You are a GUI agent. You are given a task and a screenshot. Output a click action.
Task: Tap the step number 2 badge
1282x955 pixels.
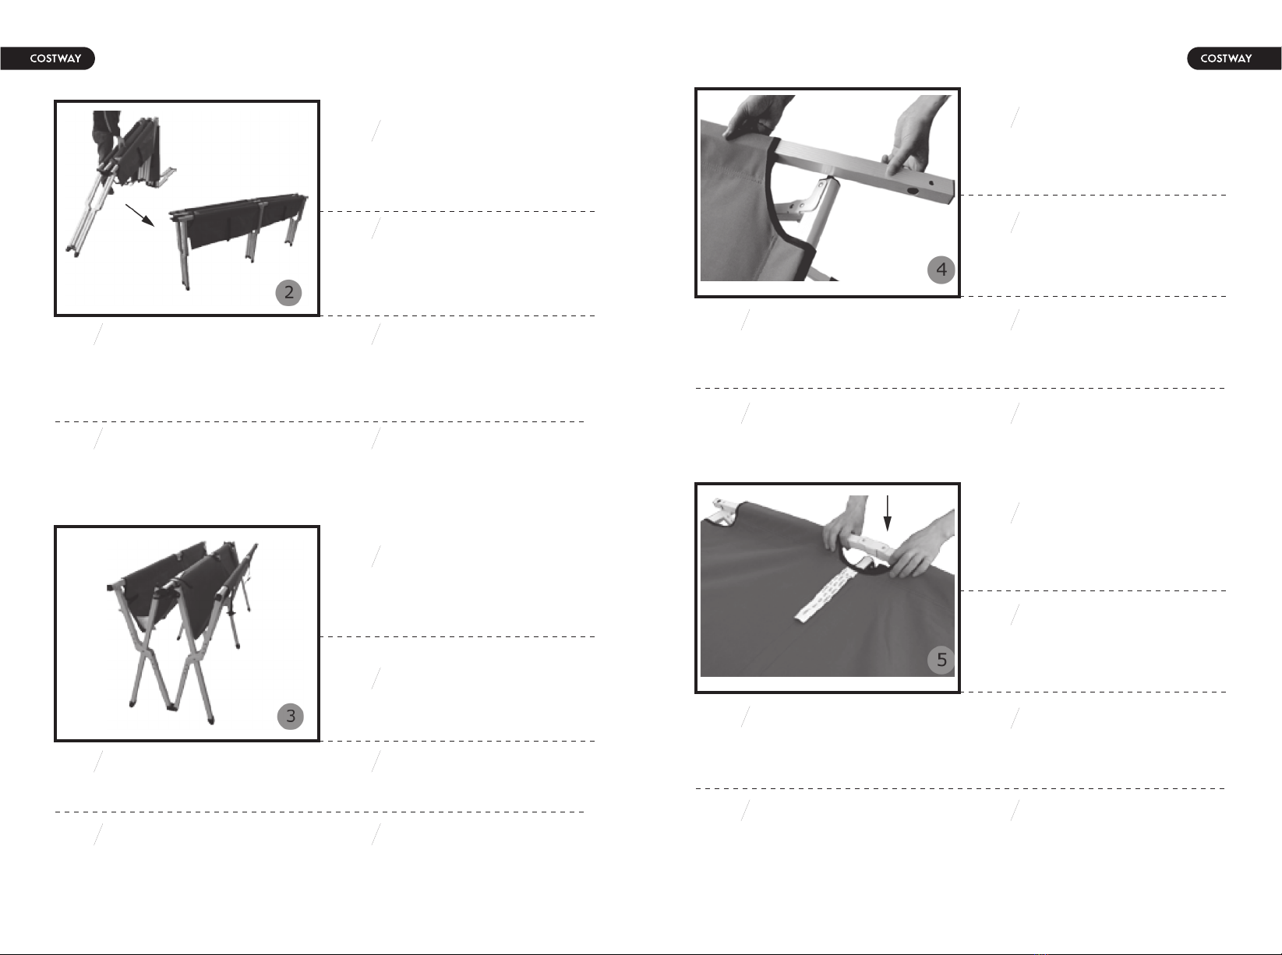pos(288,292)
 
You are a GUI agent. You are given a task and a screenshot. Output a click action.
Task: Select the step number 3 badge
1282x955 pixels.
pos(290,717)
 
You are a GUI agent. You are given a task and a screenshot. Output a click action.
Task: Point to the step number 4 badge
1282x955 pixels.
pos(941,270)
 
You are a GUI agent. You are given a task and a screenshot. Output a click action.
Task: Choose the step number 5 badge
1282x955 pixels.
pos(941,661)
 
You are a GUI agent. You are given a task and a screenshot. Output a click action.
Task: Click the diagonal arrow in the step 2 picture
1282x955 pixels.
pos(140,215)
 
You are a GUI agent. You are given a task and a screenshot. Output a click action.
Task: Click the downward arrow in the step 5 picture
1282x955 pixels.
pos(888,513)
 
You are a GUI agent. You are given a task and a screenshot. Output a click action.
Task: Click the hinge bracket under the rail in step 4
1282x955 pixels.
pos(812,202)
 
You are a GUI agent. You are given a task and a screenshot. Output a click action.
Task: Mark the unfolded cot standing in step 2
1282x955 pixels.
pos(239,234)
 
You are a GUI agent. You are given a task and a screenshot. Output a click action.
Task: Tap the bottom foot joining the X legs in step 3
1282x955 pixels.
pos(171,707)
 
